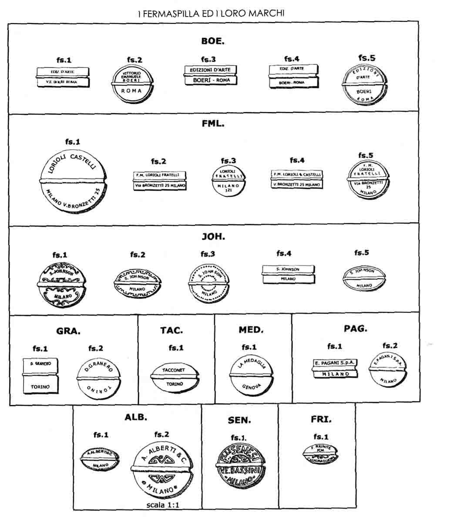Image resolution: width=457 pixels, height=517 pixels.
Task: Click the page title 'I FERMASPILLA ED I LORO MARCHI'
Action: tap(211, 13)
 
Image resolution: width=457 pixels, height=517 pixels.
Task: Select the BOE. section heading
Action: tap(213, 41)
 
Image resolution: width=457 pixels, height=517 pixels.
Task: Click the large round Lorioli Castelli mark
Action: tap(73, 181)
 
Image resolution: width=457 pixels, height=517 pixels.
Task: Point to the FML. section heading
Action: tap(213, 124)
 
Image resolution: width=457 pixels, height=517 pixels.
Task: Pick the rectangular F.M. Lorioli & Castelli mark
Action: tap(297, 180)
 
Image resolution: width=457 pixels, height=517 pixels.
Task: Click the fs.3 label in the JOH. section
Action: tap(208, 254)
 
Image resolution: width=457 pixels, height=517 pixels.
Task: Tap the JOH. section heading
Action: tap(213, 237)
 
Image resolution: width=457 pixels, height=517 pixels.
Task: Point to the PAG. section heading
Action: tap(355, 329)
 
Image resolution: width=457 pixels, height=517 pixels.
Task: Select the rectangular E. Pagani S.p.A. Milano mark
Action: tap(335, 369)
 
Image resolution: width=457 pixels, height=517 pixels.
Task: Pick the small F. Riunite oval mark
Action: tap(320, 454)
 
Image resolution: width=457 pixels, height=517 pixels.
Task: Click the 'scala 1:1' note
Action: tap(163, 505)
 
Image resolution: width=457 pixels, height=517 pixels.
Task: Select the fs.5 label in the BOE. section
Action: tap(366, 57)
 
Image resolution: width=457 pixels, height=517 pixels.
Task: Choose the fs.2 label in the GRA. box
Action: tap(96, 348)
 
